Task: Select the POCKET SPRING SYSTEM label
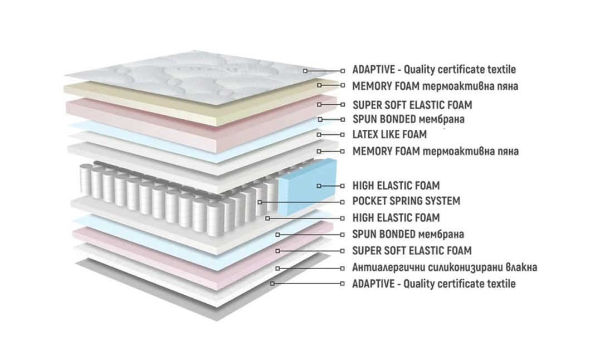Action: pyautogui.click(x=406, y=201)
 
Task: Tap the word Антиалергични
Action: pyautogui.click(x=387, y=267)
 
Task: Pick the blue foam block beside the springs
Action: pyautogui.click(x=307, y=187)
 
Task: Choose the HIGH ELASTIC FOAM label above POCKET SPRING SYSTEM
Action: pyautogui.click(x=396, y=186)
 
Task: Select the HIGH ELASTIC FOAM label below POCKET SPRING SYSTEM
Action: pyautogui.click(x=396, y=218)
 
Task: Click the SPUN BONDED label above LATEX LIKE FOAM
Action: pyautogui.click(x=408, y=119)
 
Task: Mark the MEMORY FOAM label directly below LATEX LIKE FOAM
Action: pyautogui.click(x=436, y=151)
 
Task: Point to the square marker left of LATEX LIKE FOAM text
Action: pyautogui.click(x=343, y=135)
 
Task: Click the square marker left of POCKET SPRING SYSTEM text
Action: pyautogui.click(x=343, y=202)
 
